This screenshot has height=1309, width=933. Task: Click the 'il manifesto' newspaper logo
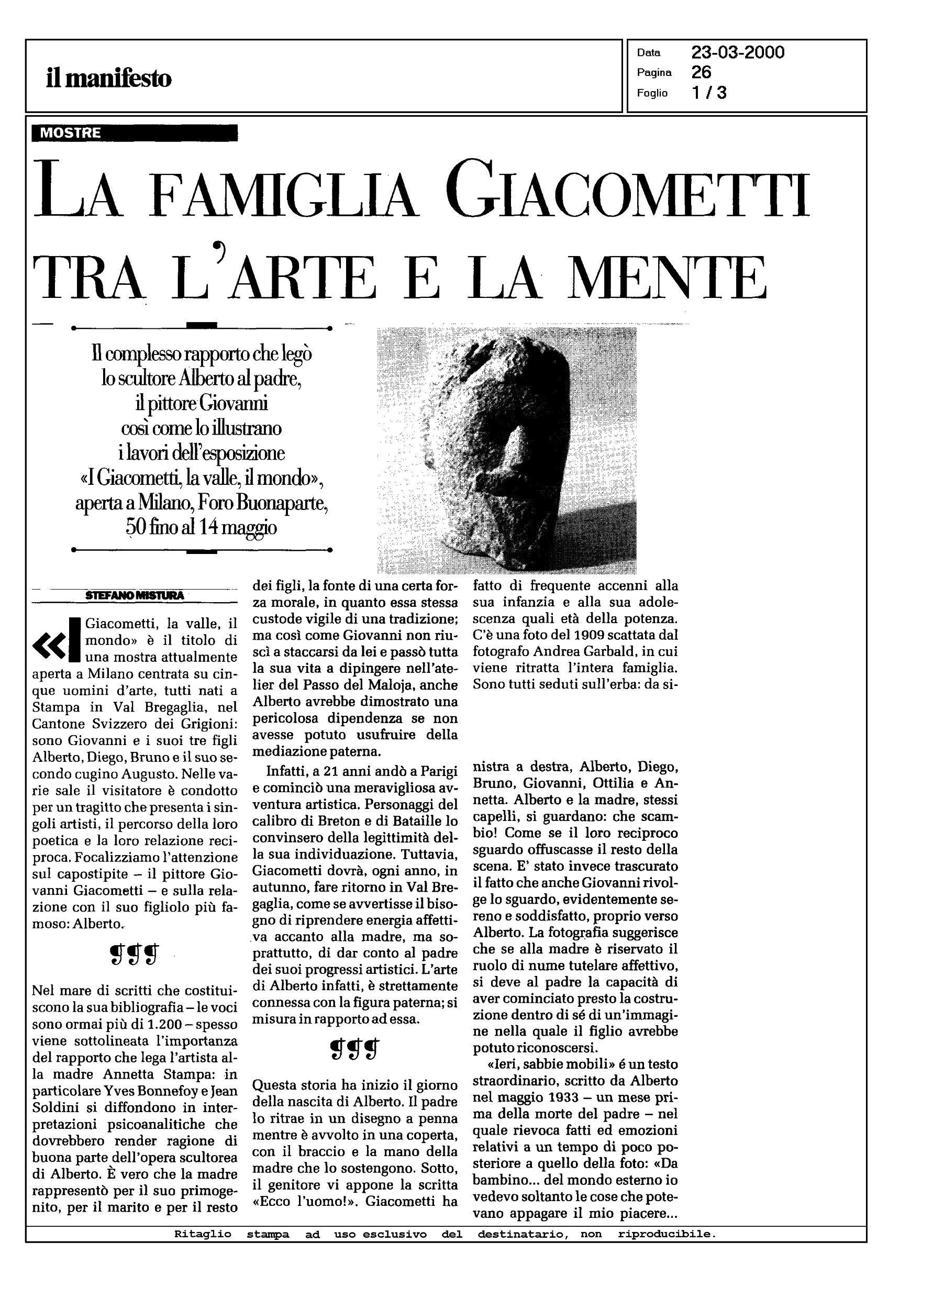108,77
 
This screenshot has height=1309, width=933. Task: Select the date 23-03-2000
738,53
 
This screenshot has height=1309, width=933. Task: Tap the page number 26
702,72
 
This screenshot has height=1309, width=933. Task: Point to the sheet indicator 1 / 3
709,93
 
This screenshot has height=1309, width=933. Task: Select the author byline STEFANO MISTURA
135,596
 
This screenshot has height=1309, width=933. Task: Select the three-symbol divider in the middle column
355,1050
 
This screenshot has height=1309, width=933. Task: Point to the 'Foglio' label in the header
651,93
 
